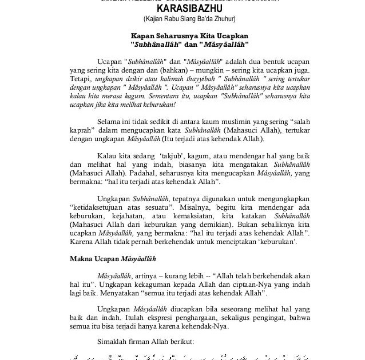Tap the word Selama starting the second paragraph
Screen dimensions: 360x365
point(109,123)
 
